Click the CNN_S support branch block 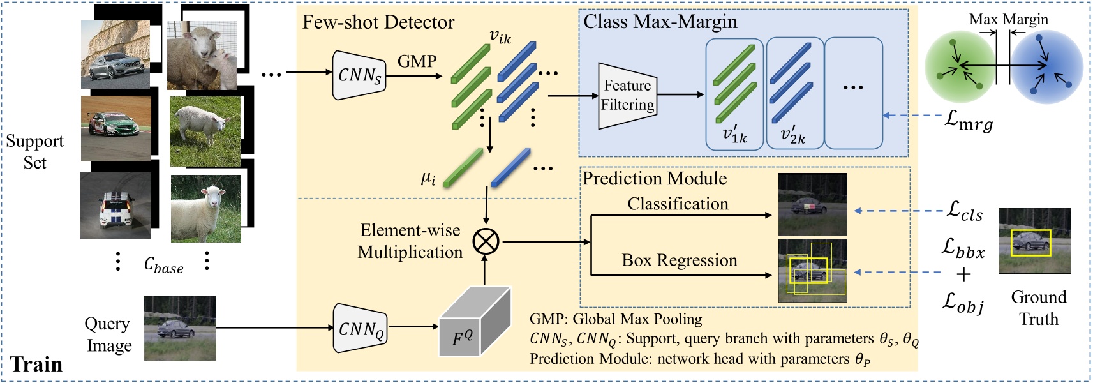coord(359,75)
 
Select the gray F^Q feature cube coord(473,326)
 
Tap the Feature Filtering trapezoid coord(627,96)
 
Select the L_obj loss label coord(963,302)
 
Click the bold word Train coord(36,364)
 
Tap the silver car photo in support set coord(115,55)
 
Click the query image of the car coord(179,328)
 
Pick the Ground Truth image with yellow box coord(1034,241)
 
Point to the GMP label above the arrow coord(417,61)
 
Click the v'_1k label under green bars coord(734,135)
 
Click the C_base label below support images coord(163,265)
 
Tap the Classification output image coord(812,205)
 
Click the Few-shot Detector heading coord(378,22)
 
